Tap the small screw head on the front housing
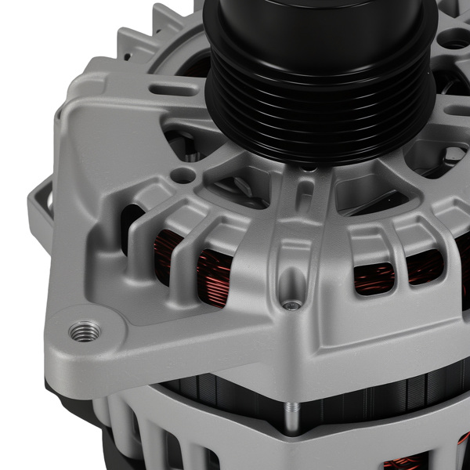pyautogui.click(x=291, y=305)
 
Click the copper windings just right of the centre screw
pyautogui.click(x=374, y=277)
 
